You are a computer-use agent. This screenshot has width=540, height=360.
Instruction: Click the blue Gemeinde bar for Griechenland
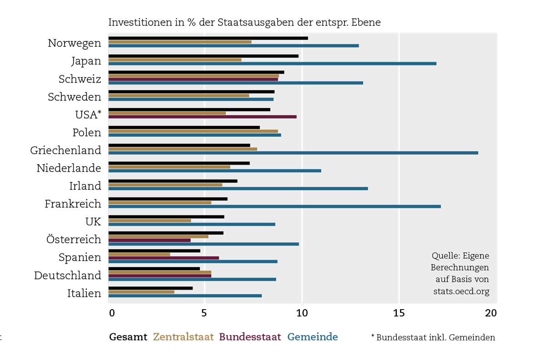pyautogui.click(x=293, y=153)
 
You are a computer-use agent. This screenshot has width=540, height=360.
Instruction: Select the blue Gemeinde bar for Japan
pyautogui.click(x=272, y=64)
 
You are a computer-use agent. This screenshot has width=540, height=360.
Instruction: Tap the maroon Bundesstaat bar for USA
pyautogui.click(x=202, y=117)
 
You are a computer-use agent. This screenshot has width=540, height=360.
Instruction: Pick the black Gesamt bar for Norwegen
pyautogui.click(x=208, y=38)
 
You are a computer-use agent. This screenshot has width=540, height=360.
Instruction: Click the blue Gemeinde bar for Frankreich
pyautogui.click(x=275, y=206)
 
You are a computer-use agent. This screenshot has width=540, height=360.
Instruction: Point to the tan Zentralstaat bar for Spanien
pyautogui.click(x=139, y=254)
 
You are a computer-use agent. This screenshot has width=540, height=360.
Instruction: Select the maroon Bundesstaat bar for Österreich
pyautogui.click(x=150, y=240)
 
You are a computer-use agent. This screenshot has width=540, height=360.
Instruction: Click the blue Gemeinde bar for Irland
pyautogui.click(x=238, y=188)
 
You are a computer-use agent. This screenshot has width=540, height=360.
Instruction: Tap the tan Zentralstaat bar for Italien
pyautogui.click(x=141, y=292)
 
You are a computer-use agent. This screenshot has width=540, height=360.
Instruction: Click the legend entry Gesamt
pyautogui.click(x=128, y=337)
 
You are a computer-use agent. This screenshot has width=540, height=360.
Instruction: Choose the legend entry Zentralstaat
pyautogui.click(x=183, y=337)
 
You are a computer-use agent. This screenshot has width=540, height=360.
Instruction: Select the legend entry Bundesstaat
pyautogui.click(x=250, y=337)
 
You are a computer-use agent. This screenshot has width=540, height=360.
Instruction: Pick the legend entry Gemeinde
pyautogui.click(x=313, y=337)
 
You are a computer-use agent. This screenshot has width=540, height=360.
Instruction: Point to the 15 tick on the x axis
pyautogui.click(x=399, y=313)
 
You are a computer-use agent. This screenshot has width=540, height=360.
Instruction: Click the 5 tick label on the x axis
pyautogui.click(x=205, y=313)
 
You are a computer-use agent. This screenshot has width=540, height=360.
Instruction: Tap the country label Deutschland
pyautogui.click(x=68, y=275)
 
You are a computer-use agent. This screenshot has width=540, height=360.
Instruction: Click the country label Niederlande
pyautogui.click(x=69, y=168)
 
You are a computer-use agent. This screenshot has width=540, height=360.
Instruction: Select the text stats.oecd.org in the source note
pyautogui.click(x=461, y=291)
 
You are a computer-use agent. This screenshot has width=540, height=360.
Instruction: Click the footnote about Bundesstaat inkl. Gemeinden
pyautogui.click(x=433, y=337)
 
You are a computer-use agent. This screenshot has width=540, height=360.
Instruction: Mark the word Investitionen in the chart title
pyautogui.click(x=137, y=22)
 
